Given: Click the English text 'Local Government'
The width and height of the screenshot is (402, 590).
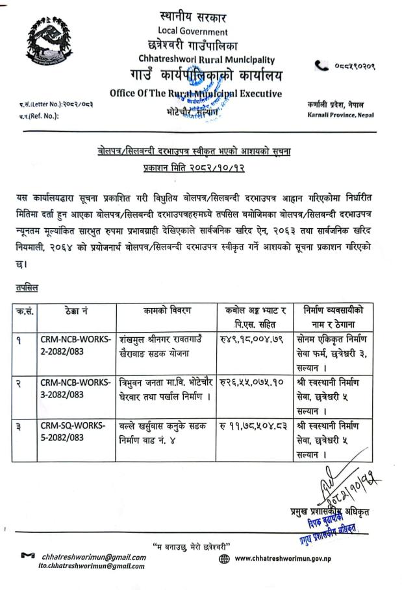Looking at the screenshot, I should [193, 31].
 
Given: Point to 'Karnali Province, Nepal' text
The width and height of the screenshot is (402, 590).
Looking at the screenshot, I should [338, 115].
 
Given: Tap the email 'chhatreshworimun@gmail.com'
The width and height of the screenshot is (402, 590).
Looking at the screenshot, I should [94, 556].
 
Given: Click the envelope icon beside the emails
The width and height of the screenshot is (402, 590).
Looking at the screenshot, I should [27, 556].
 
